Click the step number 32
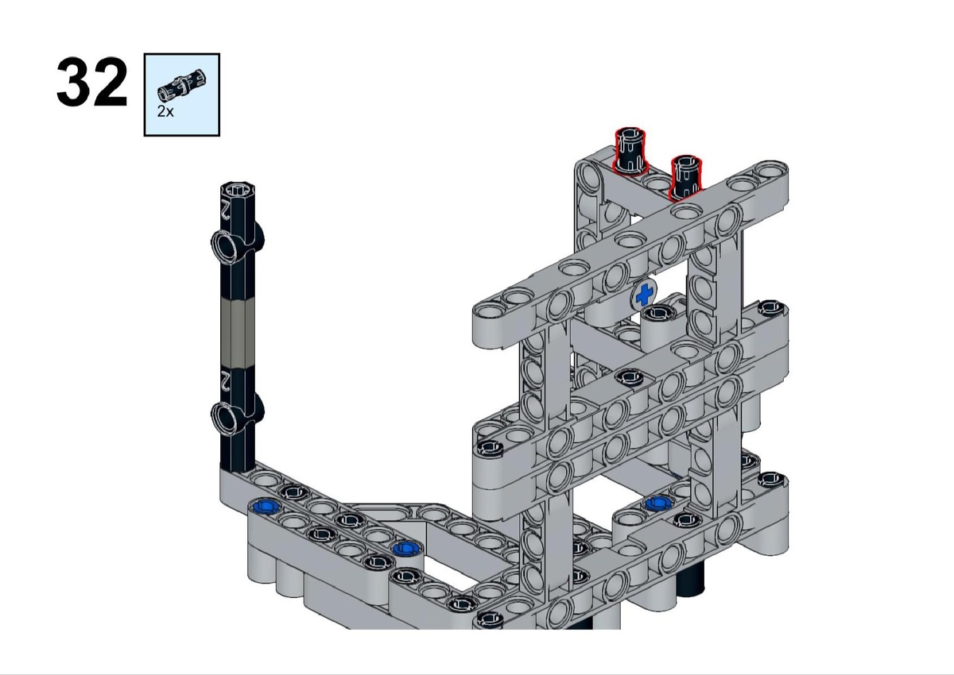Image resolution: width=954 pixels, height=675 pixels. point(92,83)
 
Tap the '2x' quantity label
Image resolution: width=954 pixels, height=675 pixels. point(165,111)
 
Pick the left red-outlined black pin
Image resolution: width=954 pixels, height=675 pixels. point(630,150)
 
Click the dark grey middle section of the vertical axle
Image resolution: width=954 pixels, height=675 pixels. point(238,332)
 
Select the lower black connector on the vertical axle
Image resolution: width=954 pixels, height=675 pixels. point(237,416)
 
